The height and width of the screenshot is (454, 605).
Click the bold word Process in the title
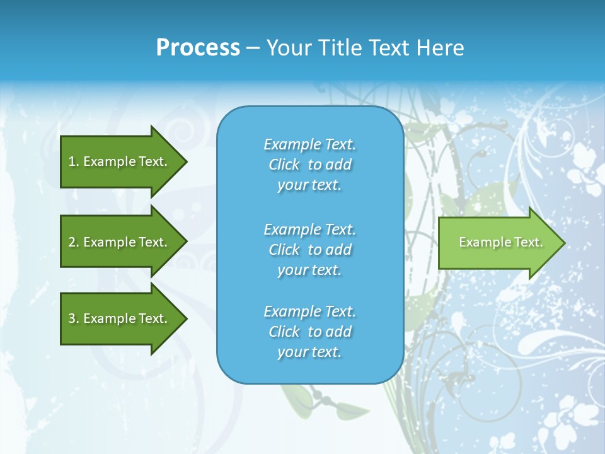tap(198, 48)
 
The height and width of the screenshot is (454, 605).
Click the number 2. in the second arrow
tap(74, 242)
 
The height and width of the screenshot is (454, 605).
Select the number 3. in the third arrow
tap(74, 318)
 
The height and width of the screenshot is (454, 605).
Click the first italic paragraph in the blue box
tap(309, 165)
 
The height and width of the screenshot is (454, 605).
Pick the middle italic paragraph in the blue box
tap(309, 249)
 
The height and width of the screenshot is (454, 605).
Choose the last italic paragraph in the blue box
tap(309, 332)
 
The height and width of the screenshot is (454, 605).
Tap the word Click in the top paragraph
tap(284, 165)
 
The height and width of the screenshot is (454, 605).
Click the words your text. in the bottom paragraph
tap(309, 352)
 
